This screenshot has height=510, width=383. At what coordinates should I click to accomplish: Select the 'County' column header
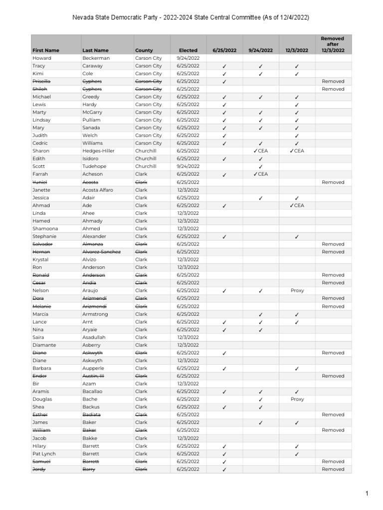point(144,50)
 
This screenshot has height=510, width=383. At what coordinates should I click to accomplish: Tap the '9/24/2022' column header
point(261,50)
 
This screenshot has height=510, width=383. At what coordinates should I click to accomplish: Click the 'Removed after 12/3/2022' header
point(333,44)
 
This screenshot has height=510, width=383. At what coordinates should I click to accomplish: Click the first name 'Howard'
point(41,58)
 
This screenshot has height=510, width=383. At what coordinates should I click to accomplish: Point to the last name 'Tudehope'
point(94,166)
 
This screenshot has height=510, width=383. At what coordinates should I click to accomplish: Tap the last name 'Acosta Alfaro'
point(98,190)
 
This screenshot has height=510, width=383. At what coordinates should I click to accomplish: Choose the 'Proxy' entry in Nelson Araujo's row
point(297,290)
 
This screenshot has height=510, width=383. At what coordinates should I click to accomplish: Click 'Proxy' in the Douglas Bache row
point(297,399)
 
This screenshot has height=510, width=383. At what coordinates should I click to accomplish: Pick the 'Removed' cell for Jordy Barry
point(333,469)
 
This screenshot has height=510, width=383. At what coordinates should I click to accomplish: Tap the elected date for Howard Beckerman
point(188,58)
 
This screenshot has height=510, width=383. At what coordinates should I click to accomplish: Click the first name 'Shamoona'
point(45,229)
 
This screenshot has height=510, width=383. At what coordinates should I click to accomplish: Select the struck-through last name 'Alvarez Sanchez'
point(101,252)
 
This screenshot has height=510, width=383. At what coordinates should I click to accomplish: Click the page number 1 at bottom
point(366,494)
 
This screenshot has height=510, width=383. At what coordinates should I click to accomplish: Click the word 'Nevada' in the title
point(83,17)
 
